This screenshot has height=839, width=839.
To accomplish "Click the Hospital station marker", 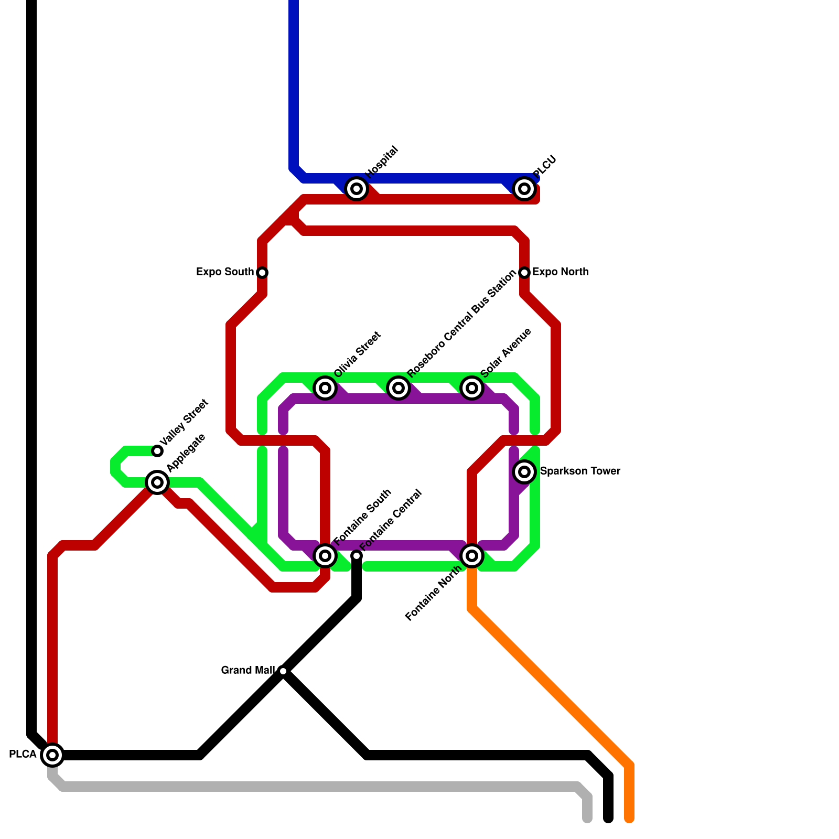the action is click(x=357, y=189).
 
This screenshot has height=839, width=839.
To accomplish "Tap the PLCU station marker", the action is click(x=524, y=189).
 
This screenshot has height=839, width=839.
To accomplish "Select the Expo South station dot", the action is click(x=262, y=273).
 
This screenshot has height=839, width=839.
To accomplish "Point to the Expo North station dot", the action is click(x=524, y=273).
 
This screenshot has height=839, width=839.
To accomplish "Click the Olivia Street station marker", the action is click(x=325, y=388).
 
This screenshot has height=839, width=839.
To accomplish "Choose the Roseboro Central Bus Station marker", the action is click(x=399, y=388).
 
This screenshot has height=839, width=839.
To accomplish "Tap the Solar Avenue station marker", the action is click(x=472, y=388).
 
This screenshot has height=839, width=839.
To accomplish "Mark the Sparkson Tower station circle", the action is click(x=524, y=472).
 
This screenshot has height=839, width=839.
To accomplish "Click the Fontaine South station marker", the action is click(x=325, y=556).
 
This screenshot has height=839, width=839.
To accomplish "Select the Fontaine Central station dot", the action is click(x=357, y=556).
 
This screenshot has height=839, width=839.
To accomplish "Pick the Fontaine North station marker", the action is click(x=472, y=556).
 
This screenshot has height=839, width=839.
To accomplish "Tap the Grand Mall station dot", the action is click(x=283, y=671).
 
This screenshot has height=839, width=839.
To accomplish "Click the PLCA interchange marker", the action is click(x=52, y=755).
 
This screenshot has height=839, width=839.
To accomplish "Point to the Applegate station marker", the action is click(x=157, y=482).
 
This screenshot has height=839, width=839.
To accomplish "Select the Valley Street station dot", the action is click(x=157, y=451).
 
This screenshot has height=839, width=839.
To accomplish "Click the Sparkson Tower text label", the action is click(x=580, y=471).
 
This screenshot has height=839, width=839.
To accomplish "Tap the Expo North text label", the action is click(x=560, y=272).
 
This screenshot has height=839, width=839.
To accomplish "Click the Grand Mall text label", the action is click(x=248, y=671).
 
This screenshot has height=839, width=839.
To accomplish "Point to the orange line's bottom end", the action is click(x=629, y=818).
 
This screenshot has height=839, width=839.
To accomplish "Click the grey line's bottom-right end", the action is click(x=587, y=818).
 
